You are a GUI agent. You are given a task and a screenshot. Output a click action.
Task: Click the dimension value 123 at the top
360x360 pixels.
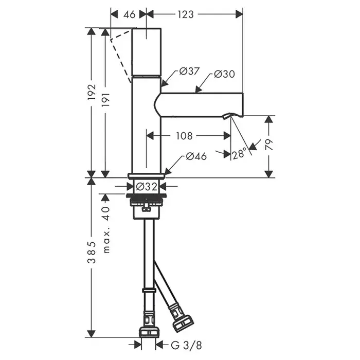pyautogui.click(x=186, y=14)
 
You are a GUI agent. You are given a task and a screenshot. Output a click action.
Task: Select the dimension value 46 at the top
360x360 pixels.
pyautogui.click(x=130, y=15)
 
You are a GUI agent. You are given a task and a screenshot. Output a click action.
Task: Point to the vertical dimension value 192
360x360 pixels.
pyautogui.click(x=92, y=92)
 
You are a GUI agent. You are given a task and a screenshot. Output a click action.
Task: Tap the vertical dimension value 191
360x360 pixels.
pyautogui.click(x=105, y=100)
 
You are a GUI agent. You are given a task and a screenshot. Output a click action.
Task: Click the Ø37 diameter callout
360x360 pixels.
pyautogui.click(x=189, y=71)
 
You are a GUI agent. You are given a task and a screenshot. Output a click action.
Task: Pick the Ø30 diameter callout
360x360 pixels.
pyautogui.click(x=225, y=74)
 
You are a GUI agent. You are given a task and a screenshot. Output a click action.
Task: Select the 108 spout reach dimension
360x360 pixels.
pyautogui.click(x=184, y=136)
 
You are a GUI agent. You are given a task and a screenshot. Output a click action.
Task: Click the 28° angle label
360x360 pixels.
pyautogui.click(x=239, y=154)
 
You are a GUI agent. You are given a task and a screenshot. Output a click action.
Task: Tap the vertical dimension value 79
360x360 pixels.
pyautogui.click(x=269, y=145)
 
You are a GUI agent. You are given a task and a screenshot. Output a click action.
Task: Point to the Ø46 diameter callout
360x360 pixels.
pyautogui.click(x=196, y=156)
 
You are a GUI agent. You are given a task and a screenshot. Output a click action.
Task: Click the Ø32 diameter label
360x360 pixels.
pyautogui.click(x=147, y=186)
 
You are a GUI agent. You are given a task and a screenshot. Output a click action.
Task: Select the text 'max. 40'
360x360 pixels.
pyautogui.click(x=106, y=229)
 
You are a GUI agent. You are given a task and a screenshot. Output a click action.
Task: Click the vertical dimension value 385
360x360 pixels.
pyautogui.click(x=92, y=253)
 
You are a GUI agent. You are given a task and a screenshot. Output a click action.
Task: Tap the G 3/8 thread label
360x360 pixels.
pyautogui.click(x=186, y=345)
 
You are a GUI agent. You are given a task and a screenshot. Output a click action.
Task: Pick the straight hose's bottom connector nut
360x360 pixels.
pyautogui.click(x=148, y=332)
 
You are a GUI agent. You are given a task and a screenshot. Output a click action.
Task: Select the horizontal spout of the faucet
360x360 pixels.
pyautogui.click(x=198, y=104)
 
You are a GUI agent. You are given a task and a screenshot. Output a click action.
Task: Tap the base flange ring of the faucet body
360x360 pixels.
pyautogui.click(x=146, y=176)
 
